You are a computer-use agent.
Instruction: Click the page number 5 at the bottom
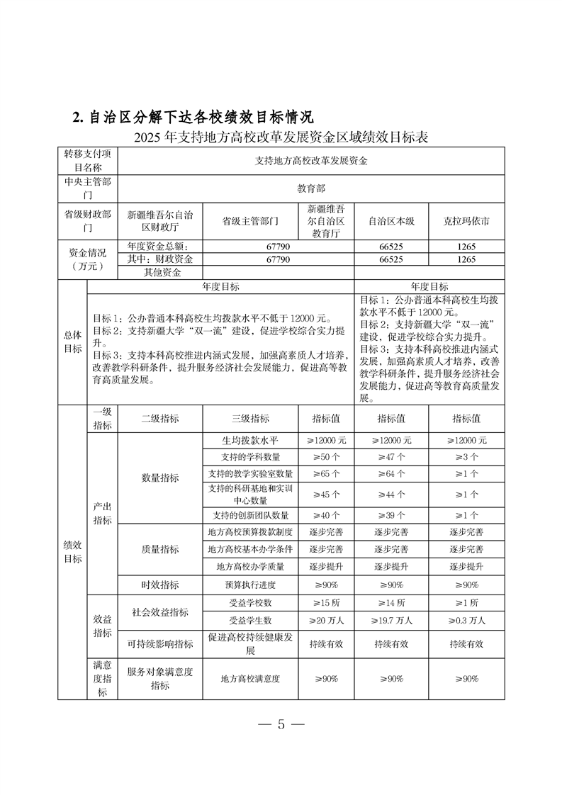click(281, 724)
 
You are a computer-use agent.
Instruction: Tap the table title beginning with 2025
click(281, 137)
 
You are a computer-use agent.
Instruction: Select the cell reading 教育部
click(311, 189)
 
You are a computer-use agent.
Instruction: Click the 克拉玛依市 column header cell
click(466, 221)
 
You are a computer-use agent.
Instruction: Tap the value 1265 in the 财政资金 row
click(466, 259)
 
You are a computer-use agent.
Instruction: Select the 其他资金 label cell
click(163, 272)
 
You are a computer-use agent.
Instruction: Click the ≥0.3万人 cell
click(466, 620)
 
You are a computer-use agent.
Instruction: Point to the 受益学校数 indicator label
click(250, 603)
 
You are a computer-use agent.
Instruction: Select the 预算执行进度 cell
click(250, 585)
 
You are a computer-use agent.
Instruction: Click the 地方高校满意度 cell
click(250, 679)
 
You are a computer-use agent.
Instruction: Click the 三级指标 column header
click(250, 419)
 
